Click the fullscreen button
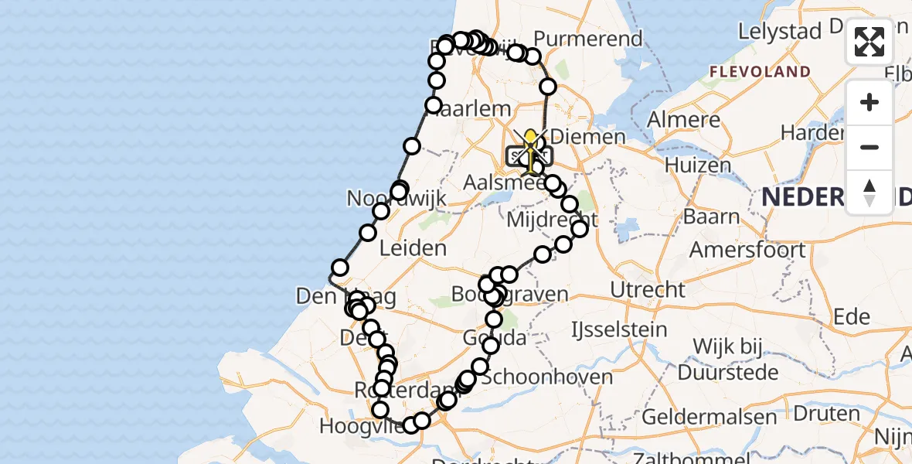pyautogui.click(x=869, y=42)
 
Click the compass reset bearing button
pyautogui.click(x=869, y=193)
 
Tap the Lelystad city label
pyautogui.click(x=779, y=32)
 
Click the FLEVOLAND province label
pyautogui.click(x=761, y=72)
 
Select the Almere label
pyautogui.click(x=683, y=120)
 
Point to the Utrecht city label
pyautogui.click(x=648, y=290)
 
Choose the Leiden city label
pyautogui.click(x=413, y=248)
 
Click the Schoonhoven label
pyautogui.click(x=546, y=377)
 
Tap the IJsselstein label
pyautogui.click(x=618, y=330)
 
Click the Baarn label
pyautogui.click(x=713, y=216)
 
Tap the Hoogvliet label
pyautogui.click(x=359, y=425)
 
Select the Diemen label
pyautogui.click(x=594, y=138)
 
